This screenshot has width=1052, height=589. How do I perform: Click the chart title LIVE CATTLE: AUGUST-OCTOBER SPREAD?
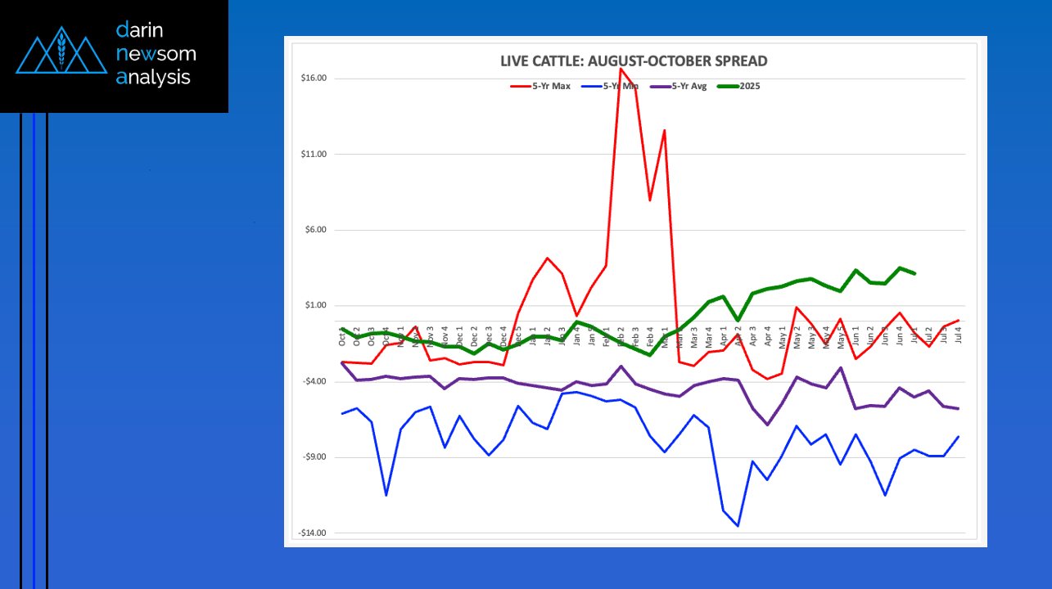[x=634, y=61]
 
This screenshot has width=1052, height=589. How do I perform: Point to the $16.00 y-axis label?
[x=314, y=79]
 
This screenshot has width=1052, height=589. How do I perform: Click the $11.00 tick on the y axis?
[x=314, y=155]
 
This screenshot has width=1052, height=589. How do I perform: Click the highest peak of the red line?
[x=621, y=68]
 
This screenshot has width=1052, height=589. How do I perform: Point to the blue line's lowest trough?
[x=738, y=526]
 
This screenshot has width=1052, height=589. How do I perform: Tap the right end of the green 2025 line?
[x=914, y=273]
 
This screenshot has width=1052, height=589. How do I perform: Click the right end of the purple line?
[x=958, y=408]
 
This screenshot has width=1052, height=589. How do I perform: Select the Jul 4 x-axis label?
[x=958, y=333]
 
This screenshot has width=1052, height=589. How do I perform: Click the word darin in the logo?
[x=140, y=30]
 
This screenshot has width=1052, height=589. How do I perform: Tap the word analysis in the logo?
[x=153, y=77]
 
